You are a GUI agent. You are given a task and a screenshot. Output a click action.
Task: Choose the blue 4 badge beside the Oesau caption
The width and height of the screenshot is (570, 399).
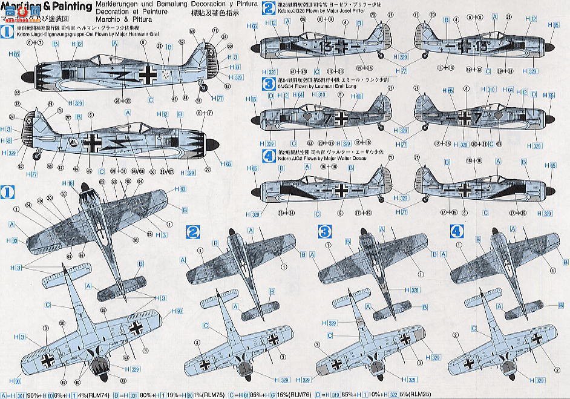coord(267,154)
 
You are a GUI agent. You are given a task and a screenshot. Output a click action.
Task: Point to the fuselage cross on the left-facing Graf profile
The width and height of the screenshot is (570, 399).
coord(147,76)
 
